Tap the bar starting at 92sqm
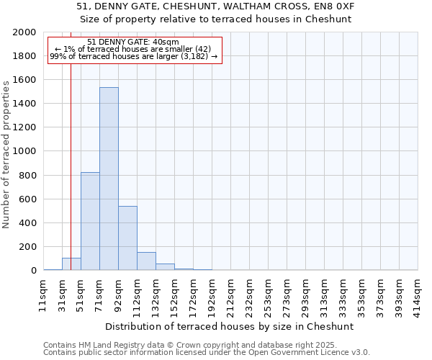127,238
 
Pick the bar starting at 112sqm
146,261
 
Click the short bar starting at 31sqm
71,264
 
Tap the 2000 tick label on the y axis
25,32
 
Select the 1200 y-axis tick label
25,127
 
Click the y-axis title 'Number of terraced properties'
7,154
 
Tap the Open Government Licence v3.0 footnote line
207,353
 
